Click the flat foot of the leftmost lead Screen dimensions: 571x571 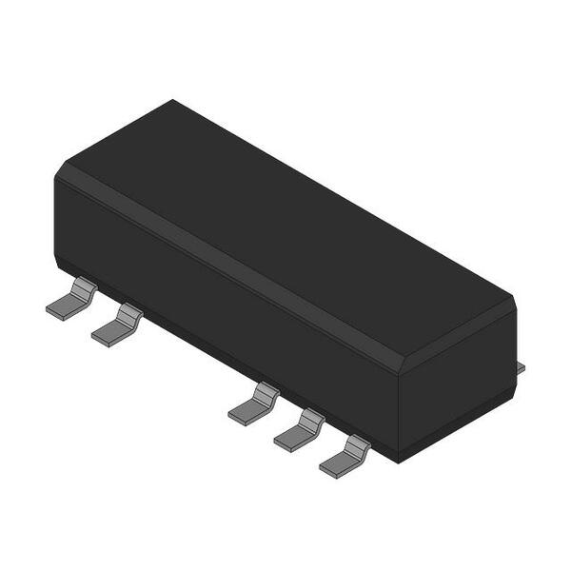64,307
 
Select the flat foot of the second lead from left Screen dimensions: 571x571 108,333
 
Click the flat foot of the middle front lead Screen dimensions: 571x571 246,411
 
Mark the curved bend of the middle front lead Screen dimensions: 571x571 266,390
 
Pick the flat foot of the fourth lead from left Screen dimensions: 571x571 290,437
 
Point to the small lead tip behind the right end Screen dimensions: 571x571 520,365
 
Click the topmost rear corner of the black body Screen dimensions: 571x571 172,100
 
